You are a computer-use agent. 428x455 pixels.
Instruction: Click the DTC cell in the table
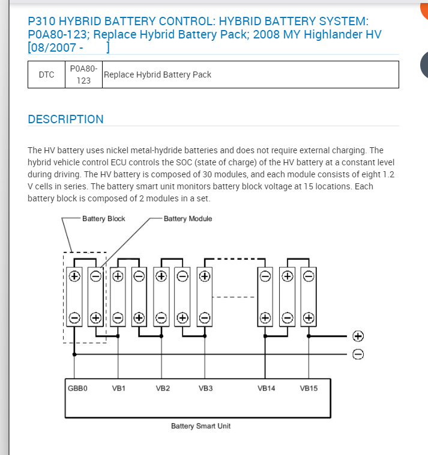point(46,75)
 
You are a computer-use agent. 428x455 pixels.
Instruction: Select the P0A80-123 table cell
point(83,75)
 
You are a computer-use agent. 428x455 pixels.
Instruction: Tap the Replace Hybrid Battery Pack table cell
point(157,75)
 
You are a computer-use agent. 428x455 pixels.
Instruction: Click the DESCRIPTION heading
point(65,119)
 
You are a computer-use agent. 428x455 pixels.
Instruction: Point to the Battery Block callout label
point(104,219)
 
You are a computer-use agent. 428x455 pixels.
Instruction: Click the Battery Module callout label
point(188,219)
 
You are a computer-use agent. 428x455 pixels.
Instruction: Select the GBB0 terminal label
point(77,388)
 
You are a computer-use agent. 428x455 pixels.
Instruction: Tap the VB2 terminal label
point(163,388)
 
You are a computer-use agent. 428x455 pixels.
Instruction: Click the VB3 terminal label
point(206,388)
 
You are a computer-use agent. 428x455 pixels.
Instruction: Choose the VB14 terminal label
point(267,388)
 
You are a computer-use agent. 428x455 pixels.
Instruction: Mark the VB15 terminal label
point(309,388)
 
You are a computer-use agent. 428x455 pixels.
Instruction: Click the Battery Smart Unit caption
point(200,426)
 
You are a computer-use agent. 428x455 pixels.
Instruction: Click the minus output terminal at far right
point(358,354)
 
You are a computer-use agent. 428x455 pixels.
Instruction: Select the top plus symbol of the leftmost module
point(74,276)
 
